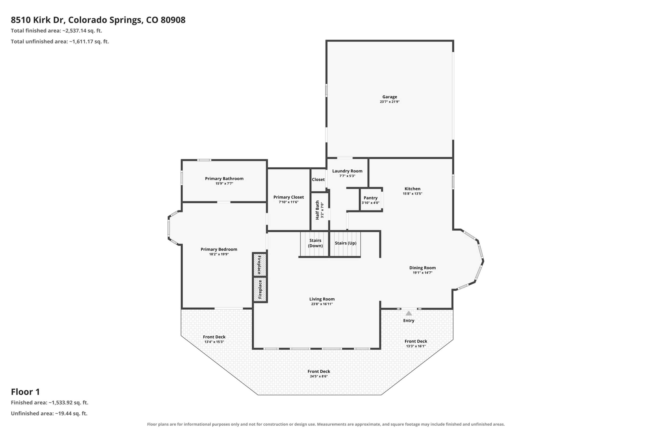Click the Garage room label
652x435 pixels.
pyautogui.click(x=389, y=97)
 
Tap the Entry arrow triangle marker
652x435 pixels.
pyautogui.click(x=409, y=313)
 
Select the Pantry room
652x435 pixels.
pyautogui.click(x=371, y=200)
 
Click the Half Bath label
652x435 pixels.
pyautogui.click(x=317, y=210)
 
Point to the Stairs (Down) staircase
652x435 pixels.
pyautogui.click(x=315, y=244)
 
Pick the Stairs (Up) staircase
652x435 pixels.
pyautogui.click(x=345, y=244)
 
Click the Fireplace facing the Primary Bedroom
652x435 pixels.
pyautogui.click(x=260, y=265)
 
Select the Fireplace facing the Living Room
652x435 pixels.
pyautogui.click(x=260, y=289)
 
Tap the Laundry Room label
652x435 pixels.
pyautogui.click(x=347, y=171)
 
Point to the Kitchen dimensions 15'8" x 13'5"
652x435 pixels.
pyautogui.click(x=412, y=194)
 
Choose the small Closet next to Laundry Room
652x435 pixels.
pyautogui.click(x=318, y=180)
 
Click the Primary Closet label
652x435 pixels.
pyautogui.click(x=289, y=197)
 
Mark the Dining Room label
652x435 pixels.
pyautogui.click(x=423, y=268)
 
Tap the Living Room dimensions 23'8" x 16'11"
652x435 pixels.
pyautogui.click(x=322, y=304)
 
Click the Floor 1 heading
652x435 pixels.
pyautogui.click(x=25, y=392)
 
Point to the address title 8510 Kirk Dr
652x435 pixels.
pyautogui.click(x=38, y=20)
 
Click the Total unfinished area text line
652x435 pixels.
pyautogui.click(x=60, y=42)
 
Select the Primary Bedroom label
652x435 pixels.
pyautogui.click(x=219, y=249)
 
